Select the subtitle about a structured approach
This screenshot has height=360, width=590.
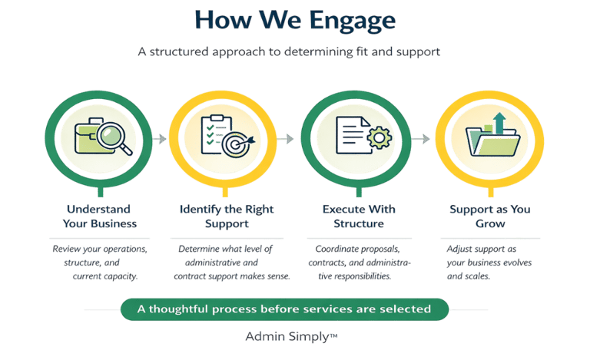(294, 53)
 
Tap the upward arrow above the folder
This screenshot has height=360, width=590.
(497, 121)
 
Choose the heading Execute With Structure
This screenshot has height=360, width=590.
(353, 216)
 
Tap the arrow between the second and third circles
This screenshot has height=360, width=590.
(286, 140)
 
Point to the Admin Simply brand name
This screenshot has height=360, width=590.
(293, 336)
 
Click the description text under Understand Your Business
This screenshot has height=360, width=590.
(98, 263)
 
